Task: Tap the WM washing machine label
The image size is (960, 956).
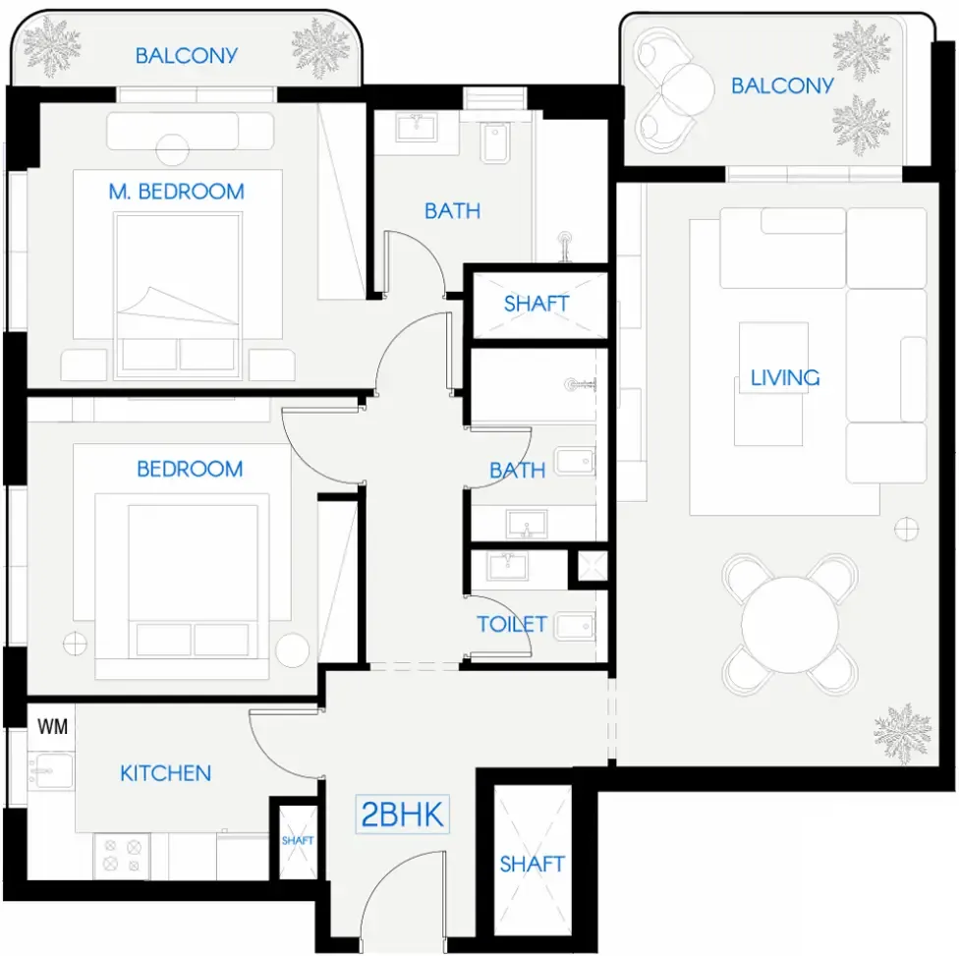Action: pos(52,727)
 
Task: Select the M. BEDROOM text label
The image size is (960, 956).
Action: pos(177,192)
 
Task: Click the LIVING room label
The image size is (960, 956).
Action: pos(784,377)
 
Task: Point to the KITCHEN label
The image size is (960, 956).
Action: pos(165,773)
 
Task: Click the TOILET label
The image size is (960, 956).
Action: pos(512,624)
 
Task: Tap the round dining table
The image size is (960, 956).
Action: pos(791,624)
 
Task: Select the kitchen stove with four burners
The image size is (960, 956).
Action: pos(122,854)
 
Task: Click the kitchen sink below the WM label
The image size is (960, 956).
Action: pos(47,773)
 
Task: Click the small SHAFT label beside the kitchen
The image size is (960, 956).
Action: pos(298,841)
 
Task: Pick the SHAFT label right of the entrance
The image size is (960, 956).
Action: pos(532,865)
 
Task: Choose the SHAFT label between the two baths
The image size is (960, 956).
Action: pos(536,304)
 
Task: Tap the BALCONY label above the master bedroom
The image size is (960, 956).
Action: pos(187,55)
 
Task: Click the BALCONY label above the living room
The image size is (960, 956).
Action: pos(782,85)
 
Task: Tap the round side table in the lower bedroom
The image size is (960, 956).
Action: pos(292,648)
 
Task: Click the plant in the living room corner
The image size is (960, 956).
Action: pos(902,733)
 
